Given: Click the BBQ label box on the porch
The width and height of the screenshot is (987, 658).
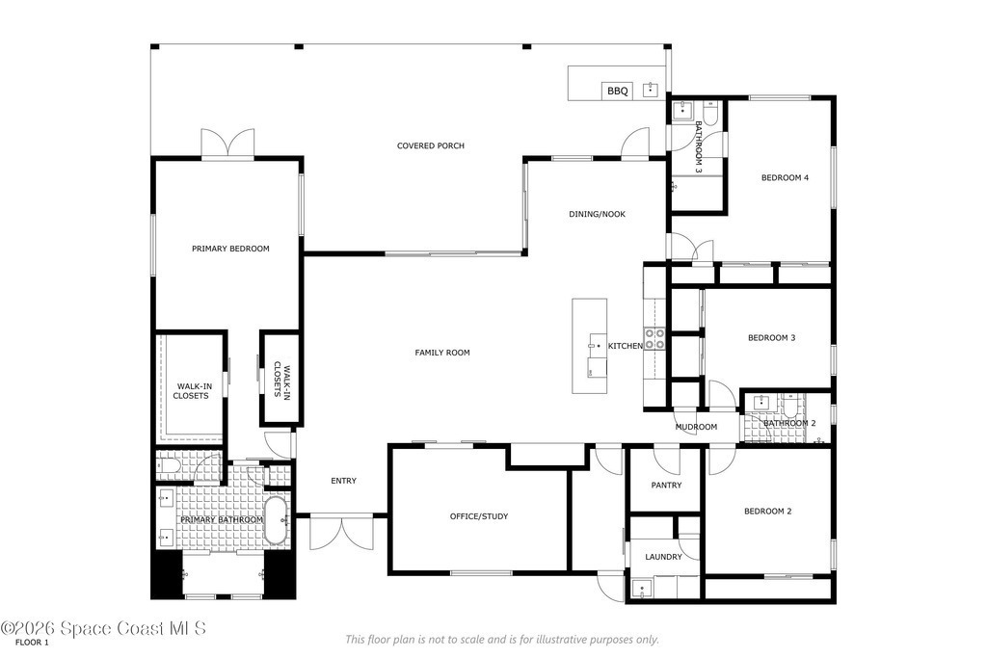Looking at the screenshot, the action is coord(617,92).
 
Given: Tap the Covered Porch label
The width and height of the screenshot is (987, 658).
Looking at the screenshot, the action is coord(431,145).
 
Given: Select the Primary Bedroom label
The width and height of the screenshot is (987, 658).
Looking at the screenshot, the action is coord(230,250).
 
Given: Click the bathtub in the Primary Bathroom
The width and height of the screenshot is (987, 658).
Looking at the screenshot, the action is coord(276,520).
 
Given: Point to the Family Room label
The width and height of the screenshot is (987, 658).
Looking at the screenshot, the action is coord(441,353).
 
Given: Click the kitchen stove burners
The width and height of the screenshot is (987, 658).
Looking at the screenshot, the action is coord(654,339).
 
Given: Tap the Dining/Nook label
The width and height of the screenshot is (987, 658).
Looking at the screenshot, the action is coord(597,215).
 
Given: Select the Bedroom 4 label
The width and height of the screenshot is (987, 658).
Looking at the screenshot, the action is coord(785,178).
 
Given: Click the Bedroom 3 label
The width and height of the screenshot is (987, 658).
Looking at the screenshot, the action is coord(771,338).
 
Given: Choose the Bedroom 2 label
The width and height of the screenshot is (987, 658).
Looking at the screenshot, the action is coord(767,512).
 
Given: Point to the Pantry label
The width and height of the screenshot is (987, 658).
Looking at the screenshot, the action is coord(666,486).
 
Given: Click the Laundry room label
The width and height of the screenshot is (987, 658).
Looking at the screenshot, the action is coord(663,558).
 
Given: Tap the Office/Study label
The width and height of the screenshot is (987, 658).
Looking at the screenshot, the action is coord(478,516).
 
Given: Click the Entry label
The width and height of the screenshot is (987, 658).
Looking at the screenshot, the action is coord(344,482).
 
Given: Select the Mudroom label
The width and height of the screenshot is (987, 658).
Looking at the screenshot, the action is coord(696,427).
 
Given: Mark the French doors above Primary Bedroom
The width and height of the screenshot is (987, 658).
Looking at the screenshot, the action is coord(227,144).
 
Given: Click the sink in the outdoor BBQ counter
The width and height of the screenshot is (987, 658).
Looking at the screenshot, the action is coord(651,90).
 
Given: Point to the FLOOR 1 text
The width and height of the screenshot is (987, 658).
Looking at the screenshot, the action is coord(32,643).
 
